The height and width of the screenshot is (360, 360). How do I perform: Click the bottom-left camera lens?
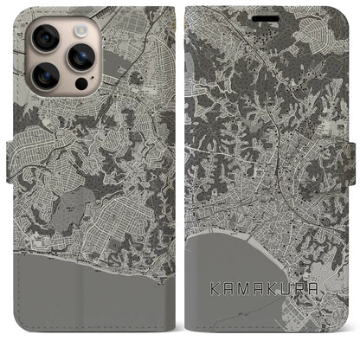[x=45, y=75]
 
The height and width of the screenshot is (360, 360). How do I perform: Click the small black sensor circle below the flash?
[x=80, y=86]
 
